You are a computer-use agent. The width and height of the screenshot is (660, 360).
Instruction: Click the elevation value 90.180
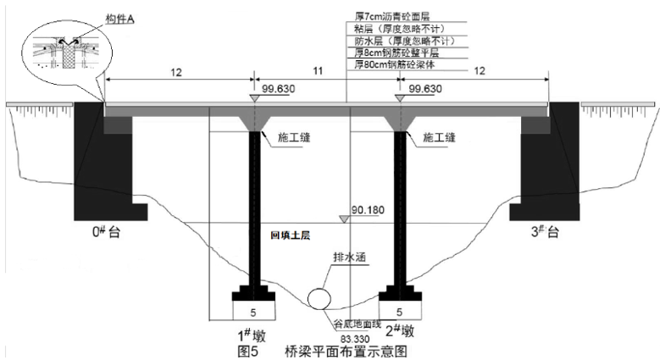(x=366, y=208)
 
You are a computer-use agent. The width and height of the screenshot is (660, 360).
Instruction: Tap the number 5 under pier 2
(x=399, y=310)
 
